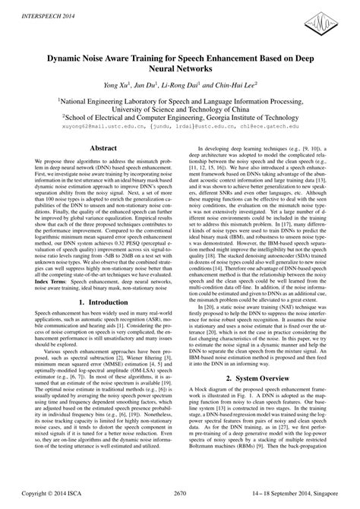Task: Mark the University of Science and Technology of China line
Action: pos(180,108)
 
